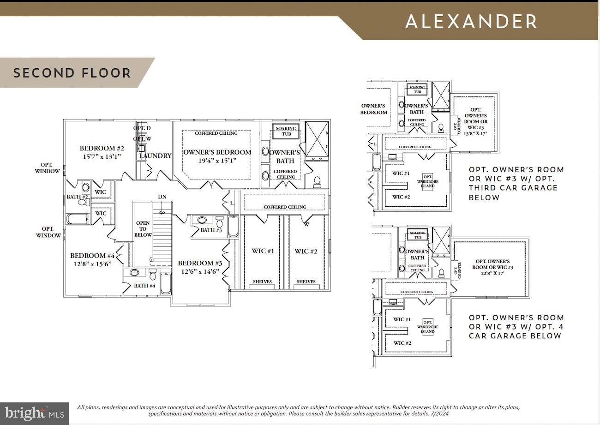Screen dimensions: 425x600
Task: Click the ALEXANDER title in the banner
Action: click(x=471, y=22)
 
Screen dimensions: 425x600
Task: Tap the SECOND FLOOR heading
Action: click(x=72, y=73)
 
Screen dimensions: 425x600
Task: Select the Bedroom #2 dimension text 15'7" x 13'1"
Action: click(x=102, y=156)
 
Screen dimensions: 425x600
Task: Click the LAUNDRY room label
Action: click(x=155, y=156)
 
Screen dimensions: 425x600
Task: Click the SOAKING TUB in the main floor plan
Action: click(x=286, y=131)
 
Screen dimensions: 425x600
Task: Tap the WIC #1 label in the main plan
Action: click(x=263, y=251)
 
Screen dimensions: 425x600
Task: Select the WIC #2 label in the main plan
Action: click(x=306, y=251)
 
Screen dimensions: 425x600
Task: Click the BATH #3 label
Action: click(x=211, y=230)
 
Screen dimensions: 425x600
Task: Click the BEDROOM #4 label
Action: click(x=92, y=256)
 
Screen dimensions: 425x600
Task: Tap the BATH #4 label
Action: click(x=144, y=286)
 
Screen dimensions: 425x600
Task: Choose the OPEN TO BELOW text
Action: click(x=143, y=229)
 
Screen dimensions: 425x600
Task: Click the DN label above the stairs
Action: click(x=162, y=197)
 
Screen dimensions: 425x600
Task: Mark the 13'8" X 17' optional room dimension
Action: click(x=475, y=134)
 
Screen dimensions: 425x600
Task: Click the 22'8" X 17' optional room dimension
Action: click(x=492, y=273)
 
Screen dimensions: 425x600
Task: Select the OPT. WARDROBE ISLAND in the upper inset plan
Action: click(x=428, y=181)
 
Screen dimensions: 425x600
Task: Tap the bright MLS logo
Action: click(x=34, y=413)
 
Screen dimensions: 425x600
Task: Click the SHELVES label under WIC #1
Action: click(x=262, y=281)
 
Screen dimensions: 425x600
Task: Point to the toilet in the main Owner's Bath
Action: click(x=317, y=181)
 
